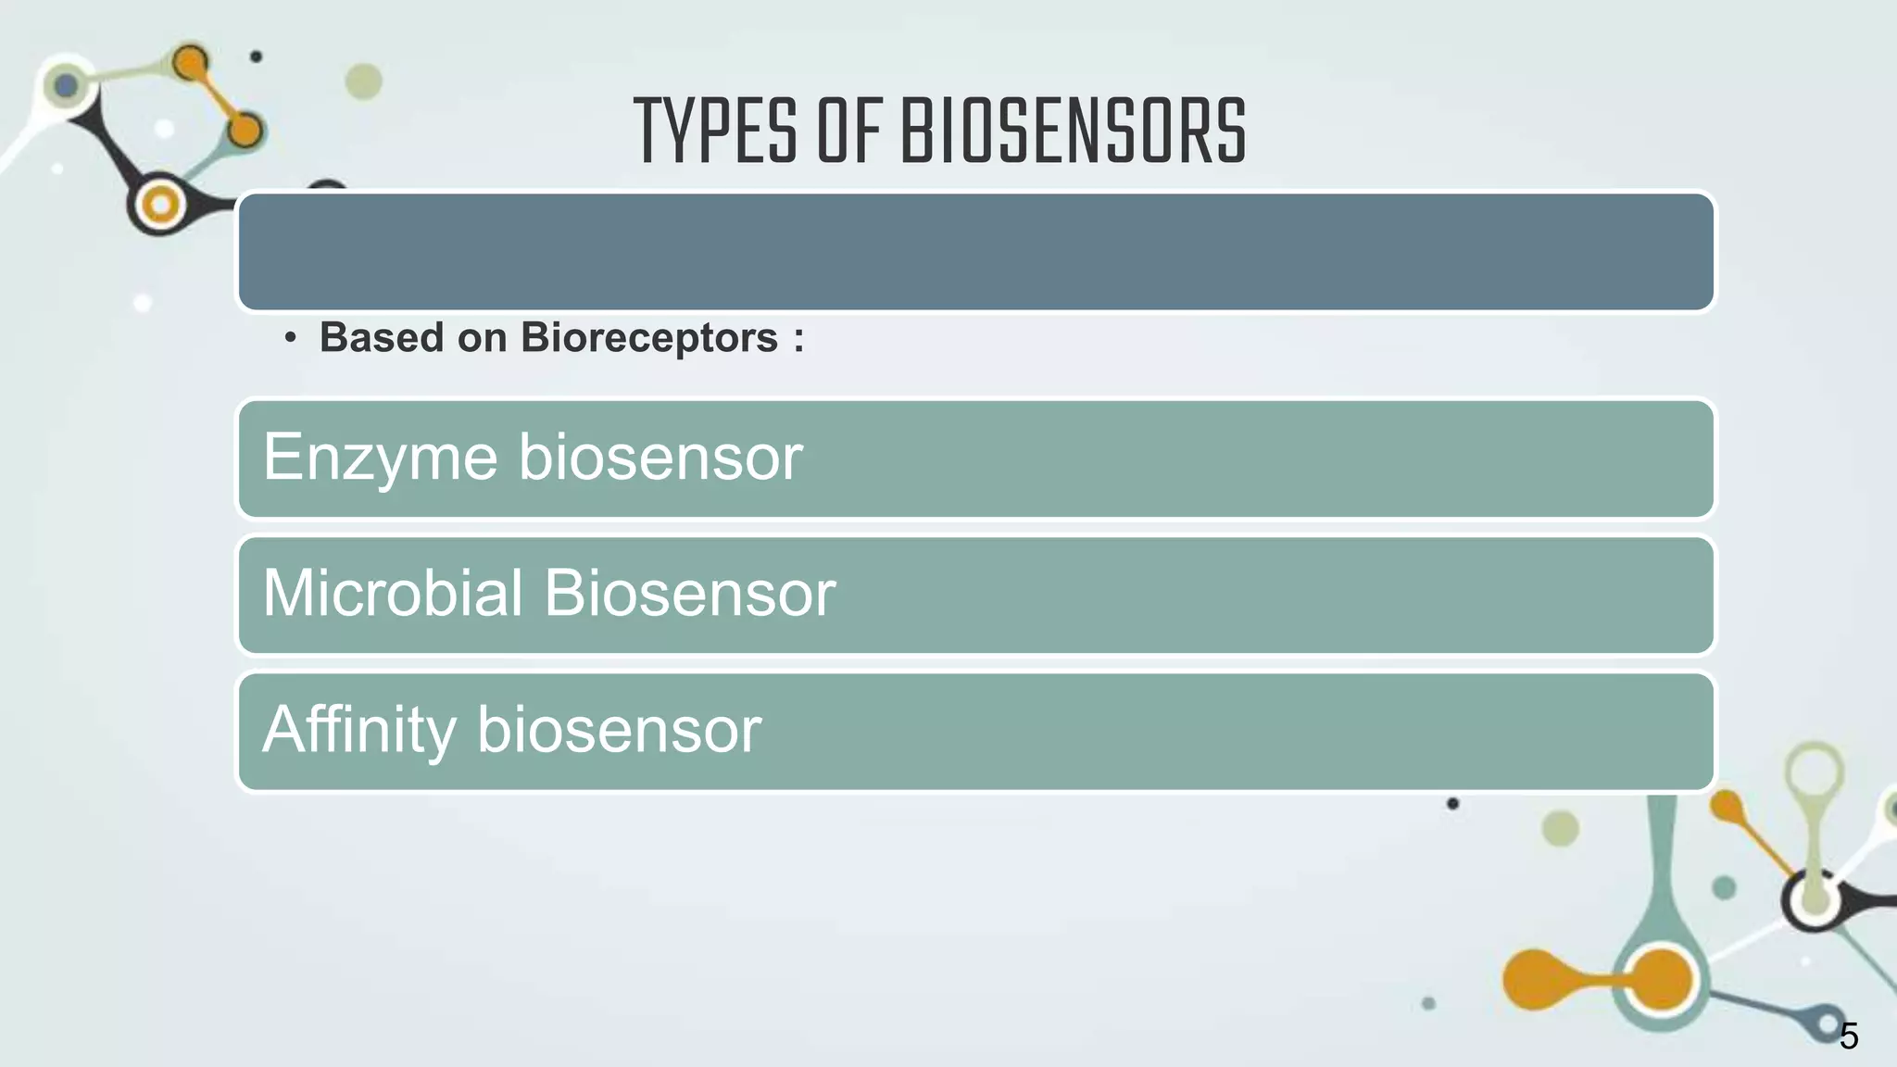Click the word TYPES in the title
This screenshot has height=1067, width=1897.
[x=715, y=132]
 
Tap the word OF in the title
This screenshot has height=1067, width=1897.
[x=848, y=132]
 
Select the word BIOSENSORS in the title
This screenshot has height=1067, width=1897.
[x=1074, y=132]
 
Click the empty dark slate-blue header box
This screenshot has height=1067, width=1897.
[x=975, y=251]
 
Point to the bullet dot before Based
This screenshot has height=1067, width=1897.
[x=291, y=339]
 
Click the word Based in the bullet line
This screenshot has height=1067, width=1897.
[x=381, y=337]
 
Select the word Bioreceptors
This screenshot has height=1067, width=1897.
[x=649, y=338]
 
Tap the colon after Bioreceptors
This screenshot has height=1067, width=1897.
[x=798, y=339]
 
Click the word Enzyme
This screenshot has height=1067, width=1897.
[x=380, y=458]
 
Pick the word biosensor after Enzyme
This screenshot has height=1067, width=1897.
[x=660, y=457]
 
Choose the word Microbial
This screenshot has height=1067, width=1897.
[x=393, y=593]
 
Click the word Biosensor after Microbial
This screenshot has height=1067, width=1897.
[x=689, y=593]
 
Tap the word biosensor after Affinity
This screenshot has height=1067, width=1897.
[x=618, y=730]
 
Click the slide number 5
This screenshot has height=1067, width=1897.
[x=1848, y=1036]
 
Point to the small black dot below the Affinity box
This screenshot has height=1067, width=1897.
[x=1452, y=803]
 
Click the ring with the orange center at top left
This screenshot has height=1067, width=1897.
[x=160, y=205]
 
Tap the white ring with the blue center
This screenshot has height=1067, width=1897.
[x=66, y=86]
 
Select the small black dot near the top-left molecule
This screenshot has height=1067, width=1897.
[x=257, y=56]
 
